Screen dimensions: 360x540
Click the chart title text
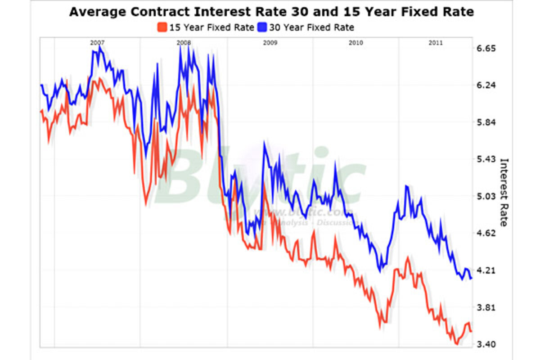(271, 12)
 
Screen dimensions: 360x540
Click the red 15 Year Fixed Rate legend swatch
(162, 27)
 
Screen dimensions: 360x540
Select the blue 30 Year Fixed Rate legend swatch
(262, 27)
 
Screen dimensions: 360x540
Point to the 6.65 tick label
(486, 49)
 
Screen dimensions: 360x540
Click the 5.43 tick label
(486, 159)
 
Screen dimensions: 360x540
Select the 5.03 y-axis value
(486, 196)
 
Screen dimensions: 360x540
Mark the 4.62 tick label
(486, 233)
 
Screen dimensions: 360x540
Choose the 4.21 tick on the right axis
(486, 270)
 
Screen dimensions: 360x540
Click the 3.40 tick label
(486, 345)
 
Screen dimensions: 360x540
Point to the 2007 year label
(97, 43)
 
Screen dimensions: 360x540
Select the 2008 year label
(184, 43)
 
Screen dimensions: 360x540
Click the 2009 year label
(270, 43)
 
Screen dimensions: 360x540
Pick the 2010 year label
(355, 43)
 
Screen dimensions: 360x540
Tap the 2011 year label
(435, 43)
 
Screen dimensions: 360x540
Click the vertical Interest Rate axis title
(504, 192)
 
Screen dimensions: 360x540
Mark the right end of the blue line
(471, 279)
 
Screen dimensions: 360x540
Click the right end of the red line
(471, 331)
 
